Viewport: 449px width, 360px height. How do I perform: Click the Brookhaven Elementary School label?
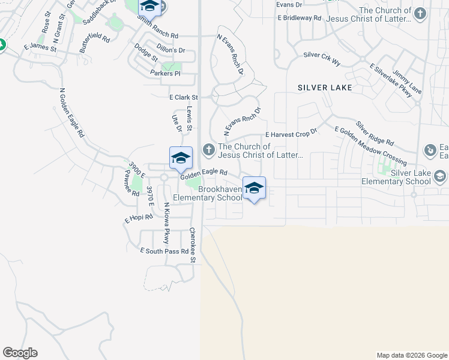(207, 193)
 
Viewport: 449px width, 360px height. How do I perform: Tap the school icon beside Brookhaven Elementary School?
(253, 188)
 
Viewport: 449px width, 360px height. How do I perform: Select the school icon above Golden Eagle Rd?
(181, 158)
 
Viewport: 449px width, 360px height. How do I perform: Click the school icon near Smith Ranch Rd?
(149, 7)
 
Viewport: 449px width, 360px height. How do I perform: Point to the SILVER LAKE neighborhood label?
(325, 88)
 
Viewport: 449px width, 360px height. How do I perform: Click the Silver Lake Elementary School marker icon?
(440, 176)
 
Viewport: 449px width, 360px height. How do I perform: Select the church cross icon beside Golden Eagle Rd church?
(208, 149)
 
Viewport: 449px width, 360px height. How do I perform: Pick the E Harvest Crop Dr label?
(291, 134)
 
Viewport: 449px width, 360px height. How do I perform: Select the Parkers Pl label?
(165, 73)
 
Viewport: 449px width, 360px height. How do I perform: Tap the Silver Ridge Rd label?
(374, 134)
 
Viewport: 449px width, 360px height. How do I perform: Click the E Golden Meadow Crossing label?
(370, 146)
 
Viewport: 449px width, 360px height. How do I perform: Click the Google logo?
(20, 353)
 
